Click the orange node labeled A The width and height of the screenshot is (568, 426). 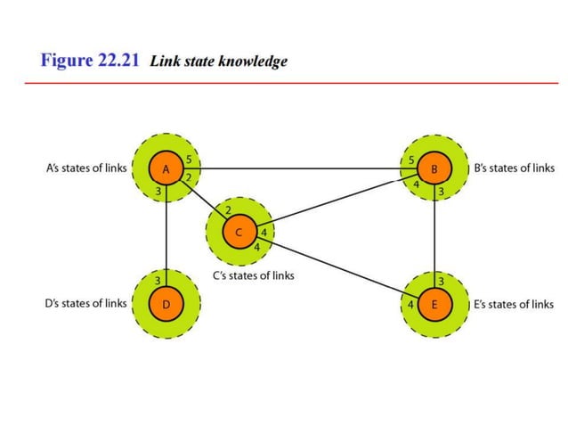click(165, 168)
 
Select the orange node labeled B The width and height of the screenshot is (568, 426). click(434, 168)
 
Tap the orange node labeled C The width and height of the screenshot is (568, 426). click(239, 233)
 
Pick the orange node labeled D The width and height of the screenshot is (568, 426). click(165, 304)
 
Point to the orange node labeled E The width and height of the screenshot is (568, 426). click(434, 304)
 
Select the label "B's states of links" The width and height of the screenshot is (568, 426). click(514, 168)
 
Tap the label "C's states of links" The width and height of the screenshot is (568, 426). click(253, 275)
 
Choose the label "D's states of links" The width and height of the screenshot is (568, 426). click(85, 304)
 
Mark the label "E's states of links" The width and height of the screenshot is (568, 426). click(514, 304)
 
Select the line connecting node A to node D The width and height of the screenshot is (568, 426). click(166, 235)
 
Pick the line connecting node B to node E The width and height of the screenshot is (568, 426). click(434, 235)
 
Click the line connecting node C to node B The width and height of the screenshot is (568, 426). click(338, 204)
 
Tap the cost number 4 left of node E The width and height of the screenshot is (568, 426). click(410, 305)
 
